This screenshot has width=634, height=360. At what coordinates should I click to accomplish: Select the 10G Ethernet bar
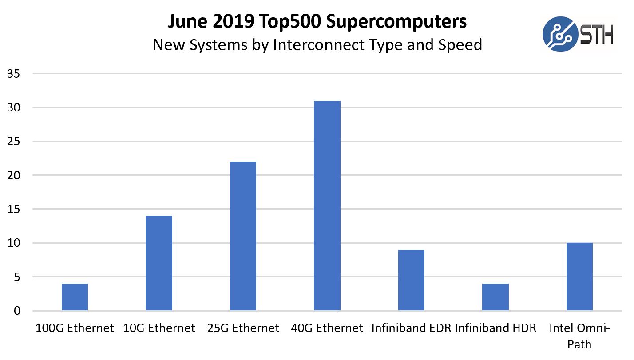click(159, 263)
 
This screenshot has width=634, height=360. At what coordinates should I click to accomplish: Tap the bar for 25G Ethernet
click(243, 236)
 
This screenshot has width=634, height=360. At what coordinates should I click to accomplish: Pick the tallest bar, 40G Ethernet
click(327, 205)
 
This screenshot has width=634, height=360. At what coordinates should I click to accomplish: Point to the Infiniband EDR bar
click(411, 280)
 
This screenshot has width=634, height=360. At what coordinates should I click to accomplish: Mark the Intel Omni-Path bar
click(579, 276)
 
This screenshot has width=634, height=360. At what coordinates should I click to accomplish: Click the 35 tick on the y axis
click(13, 74)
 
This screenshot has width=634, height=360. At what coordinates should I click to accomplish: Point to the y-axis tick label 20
click(13, 175)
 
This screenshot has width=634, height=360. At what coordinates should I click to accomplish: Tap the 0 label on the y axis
click(16, 311)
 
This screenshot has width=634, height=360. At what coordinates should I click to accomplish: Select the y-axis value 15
click(13, 209)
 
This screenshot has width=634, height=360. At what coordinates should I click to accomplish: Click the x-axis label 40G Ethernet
click(327, 328)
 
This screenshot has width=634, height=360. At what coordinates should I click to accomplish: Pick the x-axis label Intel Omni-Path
click(579, 336)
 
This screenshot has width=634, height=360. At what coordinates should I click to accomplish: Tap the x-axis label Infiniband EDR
click(411, 328)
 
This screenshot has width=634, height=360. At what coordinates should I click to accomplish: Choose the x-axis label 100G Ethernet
click(75, 328)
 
